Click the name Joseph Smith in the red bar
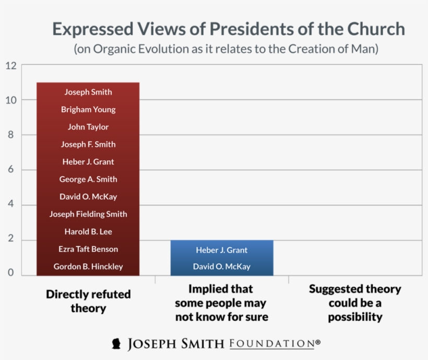(x=88, y=92)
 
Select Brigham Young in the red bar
(x=88, y=110)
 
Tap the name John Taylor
(x=88, y=127)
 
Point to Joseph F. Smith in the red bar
(x=88, y=144)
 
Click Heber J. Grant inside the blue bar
(x=221, y=250)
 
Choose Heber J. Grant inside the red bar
(x=88, y=162)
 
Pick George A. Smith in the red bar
(x=88, y=179)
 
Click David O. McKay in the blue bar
(x=221, y=266)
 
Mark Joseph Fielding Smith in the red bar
(x=88, y=214)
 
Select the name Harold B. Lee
(x=88, y=231)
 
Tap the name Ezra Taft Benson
(x=88, y=249)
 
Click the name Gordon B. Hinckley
(x=88, y=266)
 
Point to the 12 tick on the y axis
(x=11, y=66)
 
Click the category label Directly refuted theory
(x=88, y=301)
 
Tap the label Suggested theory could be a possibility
(x=355, y=303)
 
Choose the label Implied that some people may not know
(x=221, y=303)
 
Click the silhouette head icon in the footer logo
(x=117, y=344)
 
